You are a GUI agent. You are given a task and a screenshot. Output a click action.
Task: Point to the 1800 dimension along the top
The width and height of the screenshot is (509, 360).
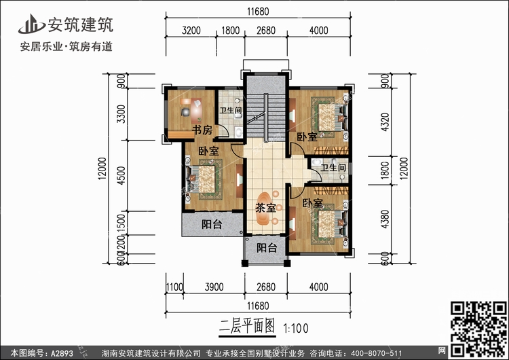[231, 30]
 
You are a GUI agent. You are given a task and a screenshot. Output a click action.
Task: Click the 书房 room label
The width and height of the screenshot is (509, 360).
[202, 129]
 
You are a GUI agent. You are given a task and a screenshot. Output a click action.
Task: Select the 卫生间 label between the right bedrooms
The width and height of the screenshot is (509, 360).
[333, 167]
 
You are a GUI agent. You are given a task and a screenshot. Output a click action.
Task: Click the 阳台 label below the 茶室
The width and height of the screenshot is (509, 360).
[266, 248]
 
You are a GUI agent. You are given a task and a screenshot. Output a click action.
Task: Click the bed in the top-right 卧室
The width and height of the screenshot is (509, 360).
[328, 113]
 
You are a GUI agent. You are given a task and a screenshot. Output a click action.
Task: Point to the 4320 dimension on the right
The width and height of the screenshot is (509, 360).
[385, 123]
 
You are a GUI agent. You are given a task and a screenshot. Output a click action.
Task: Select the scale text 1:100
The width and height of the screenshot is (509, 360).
[295, 327]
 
